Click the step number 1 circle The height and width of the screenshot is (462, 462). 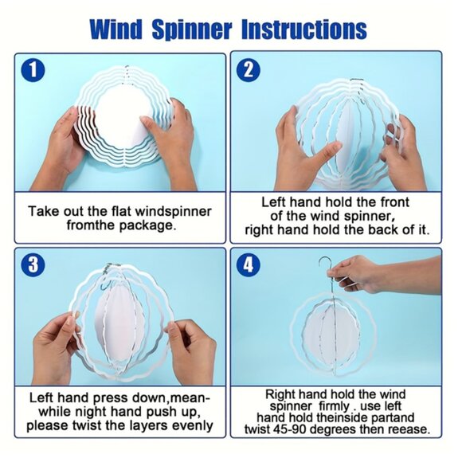[x=33, y=70]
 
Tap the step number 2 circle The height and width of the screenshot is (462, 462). [x=249, y=70]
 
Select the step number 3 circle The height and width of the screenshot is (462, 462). [x=33, y=264]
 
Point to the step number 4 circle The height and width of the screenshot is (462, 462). [x=249, y=264]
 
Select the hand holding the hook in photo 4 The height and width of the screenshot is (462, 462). [x=362, y=273]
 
